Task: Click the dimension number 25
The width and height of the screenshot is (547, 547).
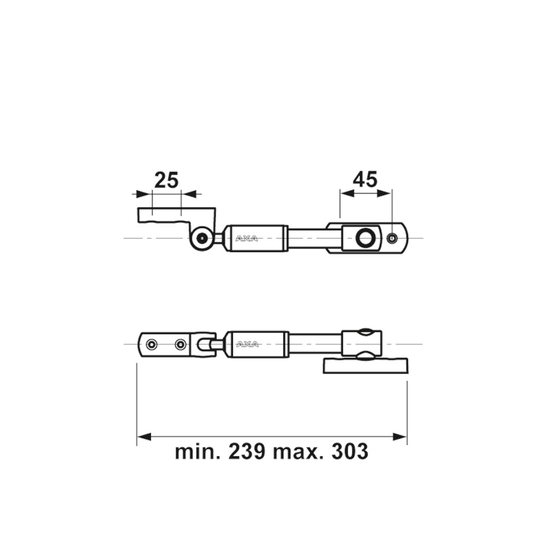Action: pos(166,181)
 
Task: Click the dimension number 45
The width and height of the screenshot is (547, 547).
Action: pos(365,179)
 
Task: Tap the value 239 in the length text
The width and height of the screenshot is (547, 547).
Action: pos(247,451)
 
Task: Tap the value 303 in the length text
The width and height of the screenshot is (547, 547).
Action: pos(350,451)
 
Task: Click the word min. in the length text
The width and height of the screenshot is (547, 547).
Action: pos(198,451)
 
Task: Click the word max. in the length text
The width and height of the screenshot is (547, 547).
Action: pos(298,452)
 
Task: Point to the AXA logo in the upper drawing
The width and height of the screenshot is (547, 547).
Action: pos(247,238)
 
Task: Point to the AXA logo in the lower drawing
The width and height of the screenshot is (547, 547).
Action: pos(247,345)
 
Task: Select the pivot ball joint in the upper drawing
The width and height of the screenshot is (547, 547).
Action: pos(202,238)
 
